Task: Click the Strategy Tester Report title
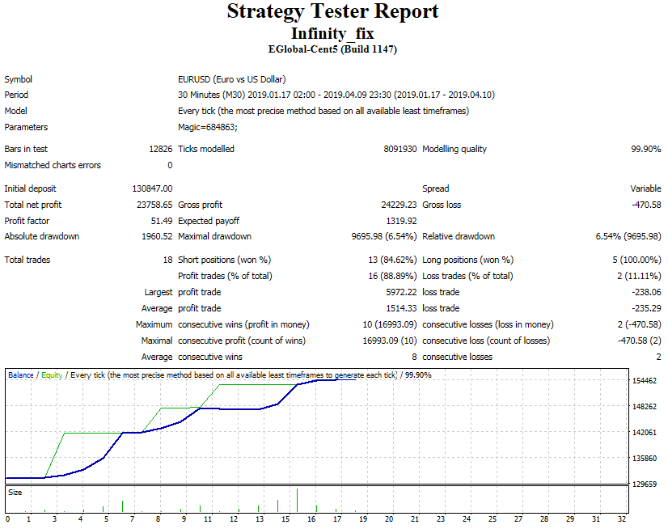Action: pos(332,11)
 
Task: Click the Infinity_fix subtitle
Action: pos(332,33)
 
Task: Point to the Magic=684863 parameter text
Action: pos(208,127)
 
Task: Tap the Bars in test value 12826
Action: pos(161,149)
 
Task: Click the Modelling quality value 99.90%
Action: pos(646,149)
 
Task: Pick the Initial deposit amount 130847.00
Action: pos(152,188)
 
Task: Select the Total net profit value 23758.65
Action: pos(154,205)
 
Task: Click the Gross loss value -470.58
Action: pos(646,205)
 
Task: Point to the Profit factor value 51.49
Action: pos(162,221)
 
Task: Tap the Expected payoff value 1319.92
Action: pos(401,221)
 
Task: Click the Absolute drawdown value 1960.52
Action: pos(157,236)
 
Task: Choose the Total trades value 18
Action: pos(168,260)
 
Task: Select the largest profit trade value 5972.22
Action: pos(401,292)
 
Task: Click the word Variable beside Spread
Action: pos(646,188)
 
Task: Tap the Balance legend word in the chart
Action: pos(21,375)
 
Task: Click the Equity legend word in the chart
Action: pos(52,375)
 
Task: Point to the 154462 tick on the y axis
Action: pos(645,381)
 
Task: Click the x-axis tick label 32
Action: pos(622,518)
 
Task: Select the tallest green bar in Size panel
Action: pos(297,500)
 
